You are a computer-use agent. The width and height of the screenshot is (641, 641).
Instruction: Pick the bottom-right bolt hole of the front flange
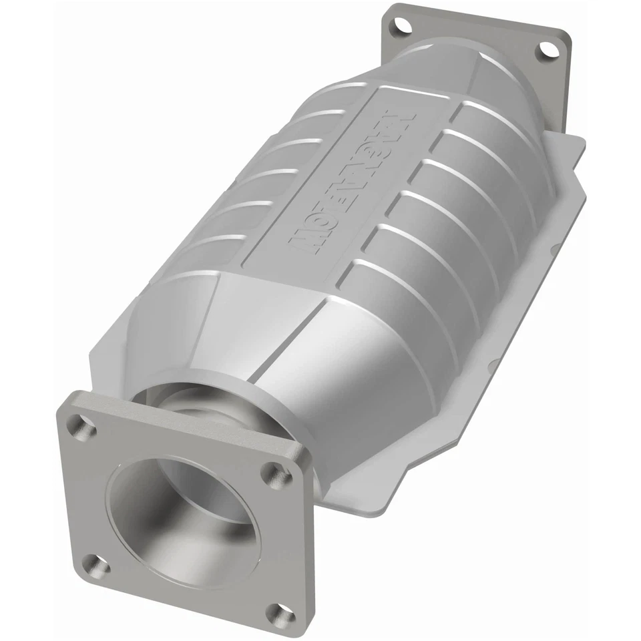coord(276,612)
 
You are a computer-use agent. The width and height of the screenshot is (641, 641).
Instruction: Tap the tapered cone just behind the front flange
coord(280,354)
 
